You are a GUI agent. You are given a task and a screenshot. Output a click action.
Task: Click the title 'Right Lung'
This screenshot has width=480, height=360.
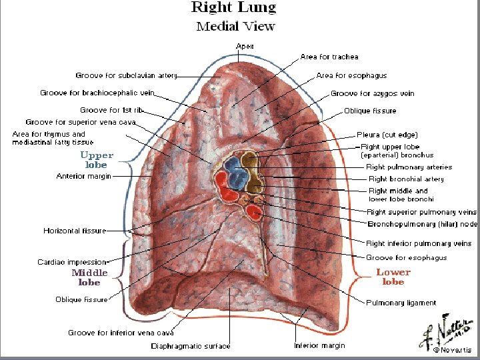pos(233,8)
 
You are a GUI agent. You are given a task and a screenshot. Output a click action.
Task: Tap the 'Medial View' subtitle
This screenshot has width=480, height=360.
pos(235,27)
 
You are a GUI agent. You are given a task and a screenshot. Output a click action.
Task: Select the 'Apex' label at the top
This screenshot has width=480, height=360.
pos(245,45)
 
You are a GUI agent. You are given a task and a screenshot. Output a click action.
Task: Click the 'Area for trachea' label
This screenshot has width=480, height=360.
pos(329,57)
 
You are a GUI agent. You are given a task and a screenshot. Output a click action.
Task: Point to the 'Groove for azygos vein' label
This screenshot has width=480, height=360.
pos(372,93)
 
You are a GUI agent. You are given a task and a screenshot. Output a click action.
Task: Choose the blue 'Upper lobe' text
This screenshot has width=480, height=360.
pos(97,159)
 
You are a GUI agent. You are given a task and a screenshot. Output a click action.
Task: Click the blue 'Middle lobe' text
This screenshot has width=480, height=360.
pos(89,277)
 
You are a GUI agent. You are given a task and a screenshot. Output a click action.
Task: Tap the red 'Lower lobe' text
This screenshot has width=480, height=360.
pos(393,277)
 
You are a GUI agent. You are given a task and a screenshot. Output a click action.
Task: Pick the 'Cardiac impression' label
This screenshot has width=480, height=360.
pos(71,262)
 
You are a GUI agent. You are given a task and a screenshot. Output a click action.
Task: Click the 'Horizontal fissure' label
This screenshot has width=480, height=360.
pos(75,231)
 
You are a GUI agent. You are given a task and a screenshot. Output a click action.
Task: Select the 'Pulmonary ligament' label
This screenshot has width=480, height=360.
pos(401,302)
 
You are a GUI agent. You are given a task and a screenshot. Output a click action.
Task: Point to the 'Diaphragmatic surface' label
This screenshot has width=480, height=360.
pos(191,346)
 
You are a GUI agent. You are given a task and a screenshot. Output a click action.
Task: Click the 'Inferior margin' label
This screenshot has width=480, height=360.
pos(319,345)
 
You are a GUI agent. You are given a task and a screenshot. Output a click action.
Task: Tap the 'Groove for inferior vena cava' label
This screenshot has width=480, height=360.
pos(121,332)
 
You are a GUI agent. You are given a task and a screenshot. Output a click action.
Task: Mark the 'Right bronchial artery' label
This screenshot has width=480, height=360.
pos(406,179)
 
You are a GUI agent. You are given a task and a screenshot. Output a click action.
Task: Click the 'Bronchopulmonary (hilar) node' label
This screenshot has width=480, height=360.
pos(422,223)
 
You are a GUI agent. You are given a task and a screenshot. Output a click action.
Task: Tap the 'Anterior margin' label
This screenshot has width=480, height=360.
pos(84,177)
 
